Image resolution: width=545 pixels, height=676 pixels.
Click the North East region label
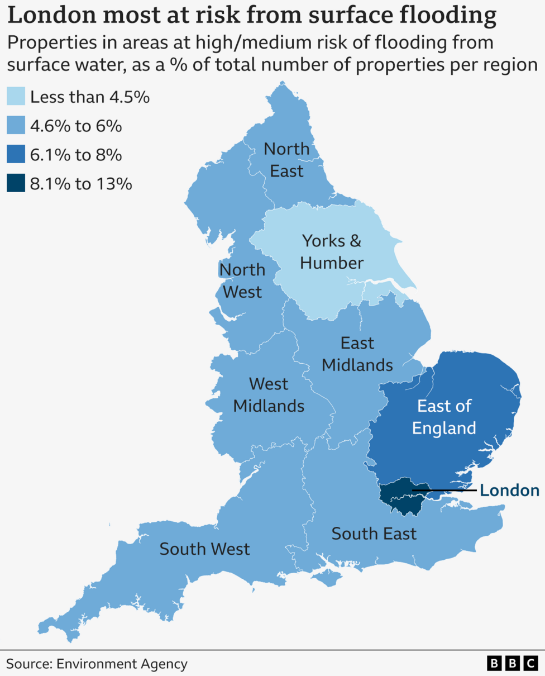[286, 160]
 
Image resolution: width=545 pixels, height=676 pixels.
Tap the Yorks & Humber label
[332, 251]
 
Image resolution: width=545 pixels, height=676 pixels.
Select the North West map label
[242, 280]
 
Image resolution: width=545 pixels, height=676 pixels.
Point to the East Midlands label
[357, 354]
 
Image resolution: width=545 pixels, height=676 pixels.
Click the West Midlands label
[269, 394]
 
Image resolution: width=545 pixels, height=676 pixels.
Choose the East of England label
[444, 417]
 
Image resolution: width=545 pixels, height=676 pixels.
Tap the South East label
[374, 534]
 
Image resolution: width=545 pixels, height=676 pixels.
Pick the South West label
[204, 549]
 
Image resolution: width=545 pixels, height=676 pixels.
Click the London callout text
[510, 491]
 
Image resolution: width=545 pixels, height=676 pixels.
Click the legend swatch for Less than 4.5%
[16, 97]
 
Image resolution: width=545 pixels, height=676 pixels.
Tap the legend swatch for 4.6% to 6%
[16, 126]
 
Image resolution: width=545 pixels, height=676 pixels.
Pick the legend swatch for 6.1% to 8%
[16, 154]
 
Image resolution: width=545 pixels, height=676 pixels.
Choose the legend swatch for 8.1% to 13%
[16, 183]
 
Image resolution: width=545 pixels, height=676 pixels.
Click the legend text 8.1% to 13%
[81, 183]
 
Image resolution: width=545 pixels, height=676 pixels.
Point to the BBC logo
[511, 663]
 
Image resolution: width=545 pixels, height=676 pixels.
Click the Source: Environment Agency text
[97, 664]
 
